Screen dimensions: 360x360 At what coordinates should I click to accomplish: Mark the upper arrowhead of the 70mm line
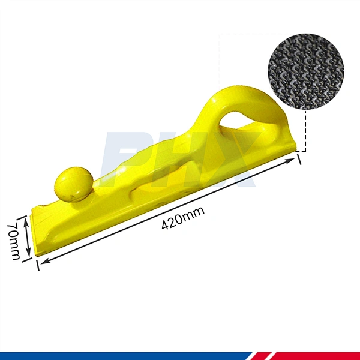pos(28,218)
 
